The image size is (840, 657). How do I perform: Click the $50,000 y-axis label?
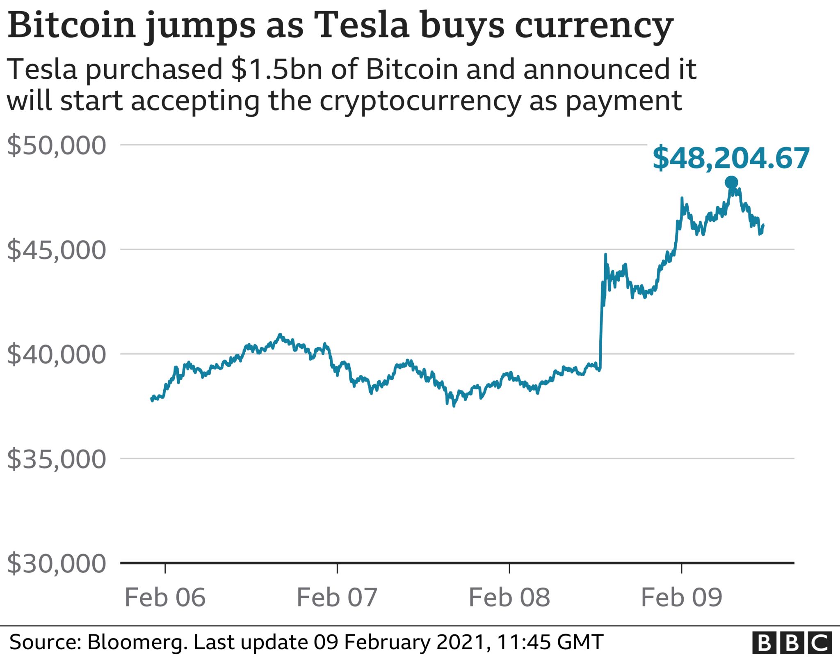(57, 145)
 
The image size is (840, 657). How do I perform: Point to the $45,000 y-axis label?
(57, 250)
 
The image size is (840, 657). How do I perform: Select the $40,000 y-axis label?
(57, 354)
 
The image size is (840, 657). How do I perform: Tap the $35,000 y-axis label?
(57, 459)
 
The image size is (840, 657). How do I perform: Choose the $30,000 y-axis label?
(57, 564)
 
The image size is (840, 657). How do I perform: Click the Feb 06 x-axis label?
(165, 597)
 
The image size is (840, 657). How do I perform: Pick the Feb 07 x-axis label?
(337, 597)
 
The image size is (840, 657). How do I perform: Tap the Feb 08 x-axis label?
(509, 597)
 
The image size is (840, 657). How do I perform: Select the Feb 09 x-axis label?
(681, 597)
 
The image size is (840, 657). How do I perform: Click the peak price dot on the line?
(731, 182)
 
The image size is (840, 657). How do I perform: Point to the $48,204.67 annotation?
(731, 158)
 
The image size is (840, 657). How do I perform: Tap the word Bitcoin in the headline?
(71, 25)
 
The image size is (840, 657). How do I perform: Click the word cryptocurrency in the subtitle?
(420, 101)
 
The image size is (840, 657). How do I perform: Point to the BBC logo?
(792, 643)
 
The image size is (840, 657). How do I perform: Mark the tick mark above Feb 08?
(509, 568)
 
